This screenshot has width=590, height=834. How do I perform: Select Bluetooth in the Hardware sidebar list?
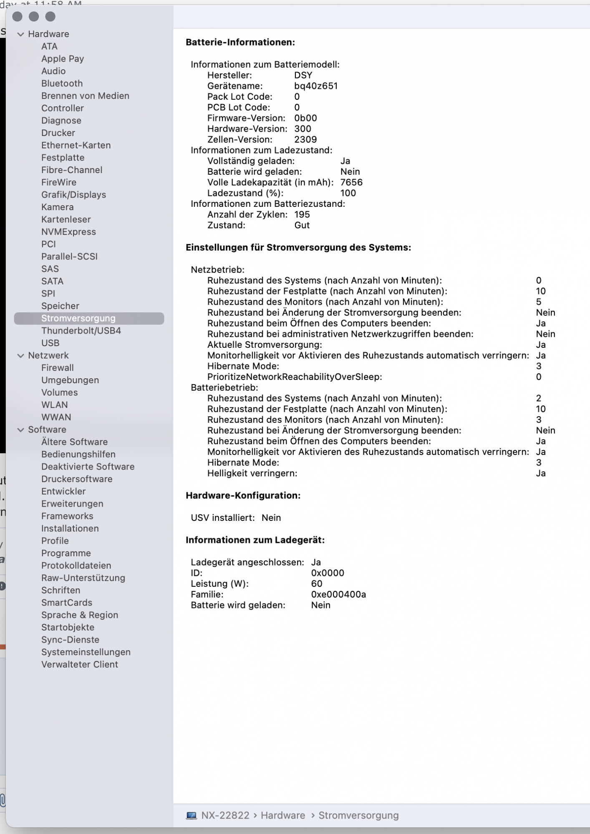click(62, 83)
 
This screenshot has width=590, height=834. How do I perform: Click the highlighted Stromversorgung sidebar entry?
click(78, 318)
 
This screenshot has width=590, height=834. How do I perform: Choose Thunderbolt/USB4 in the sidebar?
click(81, 331)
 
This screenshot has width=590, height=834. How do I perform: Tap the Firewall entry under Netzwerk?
click(57, 368)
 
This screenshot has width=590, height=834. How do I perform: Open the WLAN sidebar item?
click(54, 405)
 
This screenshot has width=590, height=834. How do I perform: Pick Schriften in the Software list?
click(61, 590)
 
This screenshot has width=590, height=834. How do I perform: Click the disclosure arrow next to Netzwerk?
click(20, 356)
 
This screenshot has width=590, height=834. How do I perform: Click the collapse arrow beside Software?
click(20, 430)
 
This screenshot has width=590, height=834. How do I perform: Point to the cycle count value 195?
click(302, 214)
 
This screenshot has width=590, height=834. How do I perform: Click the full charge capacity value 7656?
click(351, 182)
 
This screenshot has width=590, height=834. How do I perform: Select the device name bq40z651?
click(316, 86)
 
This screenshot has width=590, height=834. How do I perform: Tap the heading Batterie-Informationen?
click(240, 42)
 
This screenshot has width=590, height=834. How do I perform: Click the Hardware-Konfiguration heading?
click(243, 495)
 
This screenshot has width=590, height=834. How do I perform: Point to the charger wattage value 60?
click(317, 584)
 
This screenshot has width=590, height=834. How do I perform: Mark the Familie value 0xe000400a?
click(338, 594)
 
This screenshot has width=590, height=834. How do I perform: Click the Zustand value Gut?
click(302, 225)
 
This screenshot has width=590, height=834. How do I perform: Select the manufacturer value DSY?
click(303, 75)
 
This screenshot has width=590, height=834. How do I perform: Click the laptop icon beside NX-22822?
click(192, 815)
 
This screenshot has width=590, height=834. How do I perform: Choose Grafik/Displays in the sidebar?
click(73, 195)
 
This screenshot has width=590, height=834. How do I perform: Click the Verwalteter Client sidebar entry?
click(79, 664)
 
